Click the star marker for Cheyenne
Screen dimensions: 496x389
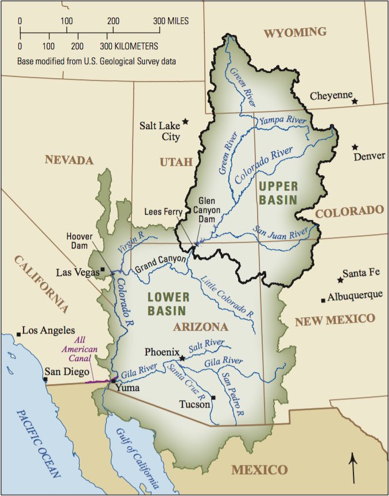(x=355, y=101)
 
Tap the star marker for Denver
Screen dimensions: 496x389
(x=355, y=148)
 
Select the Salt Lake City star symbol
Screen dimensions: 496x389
(x=185, y=122)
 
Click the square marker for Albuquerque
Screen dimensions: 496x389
(x=324, y=300)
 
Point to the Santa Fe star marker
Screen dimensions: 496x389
(x=340, y=280)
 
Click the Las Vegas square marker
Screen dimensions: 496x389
(x=103, y=269)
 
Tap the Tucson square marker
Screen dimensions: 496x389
(x=213, y=397)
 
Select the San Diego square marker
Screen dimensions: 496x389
(x=45, y=379)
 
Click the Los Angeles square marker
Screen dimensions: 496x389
(x=18, y=332)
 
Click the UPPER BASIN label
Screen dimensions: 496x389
(x=278, y=193)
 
